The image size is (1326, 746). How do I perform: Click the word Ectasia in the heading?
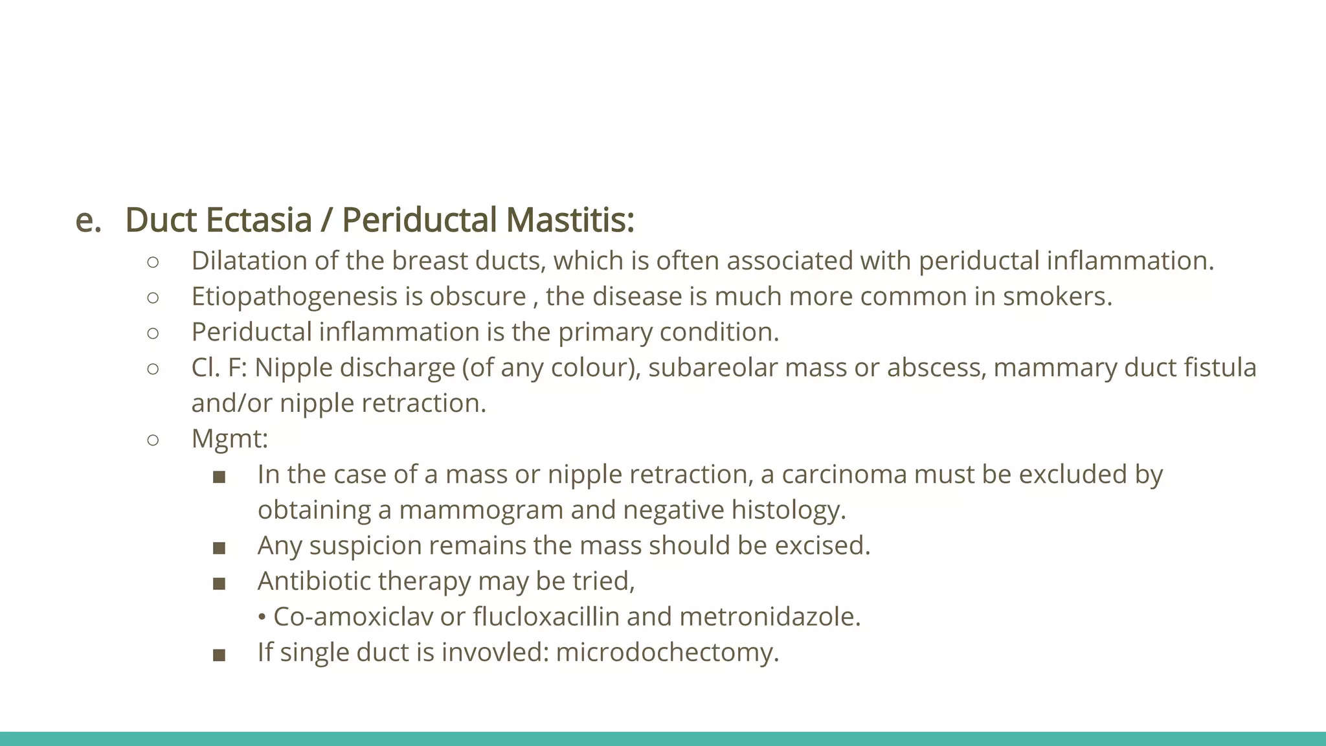[259, 220]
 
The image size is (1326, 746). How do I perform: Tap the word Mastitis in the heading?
[569, 220]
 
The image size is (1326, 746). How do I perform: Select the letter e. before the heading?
[88, 220]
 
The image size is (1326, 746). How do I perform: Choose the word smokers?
[1057, 297]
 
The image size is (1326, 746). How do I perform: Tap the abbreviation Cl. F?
[219, 368]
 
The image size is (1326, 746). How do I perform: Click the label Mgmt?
[229, 439]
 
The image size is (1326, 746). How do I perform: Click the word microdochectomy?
[667, 652]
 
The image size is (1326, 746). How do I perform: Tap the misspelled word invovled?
[495, 652]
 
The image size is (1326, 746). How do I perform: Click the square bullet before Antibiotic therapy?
[219, 583]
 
